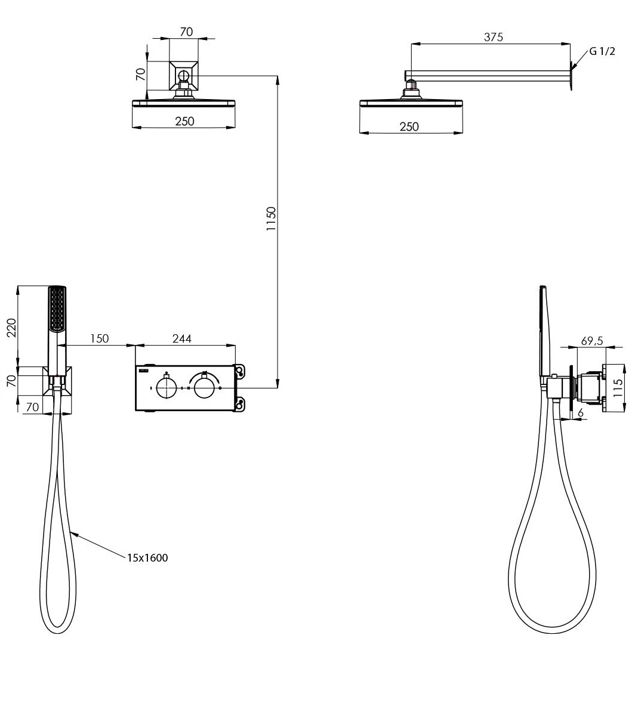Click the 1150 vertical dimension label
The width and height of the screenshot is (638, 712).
click(271, 219)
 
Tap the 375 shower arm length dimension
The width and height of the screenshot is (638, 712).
click(493, 37)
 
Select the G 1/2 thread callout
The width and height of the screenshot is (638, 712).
click(602, 51)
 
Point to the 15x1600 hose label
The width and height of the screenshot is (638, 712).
click(147, 557)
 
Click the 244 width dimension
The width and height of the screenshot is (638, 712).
click(181, 338)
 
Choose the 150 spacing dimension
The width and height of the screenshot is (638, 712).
click(100, 338)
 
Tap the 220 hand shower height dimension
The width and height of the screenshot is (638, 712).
click(11, 328)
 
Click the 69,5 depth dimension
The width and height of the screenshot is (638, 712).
click(591, 341)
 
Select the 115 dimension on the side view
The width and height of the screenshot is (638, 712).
click(618, 389)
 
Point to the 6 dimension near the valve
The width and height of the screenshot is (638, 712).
click(580, 413)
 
